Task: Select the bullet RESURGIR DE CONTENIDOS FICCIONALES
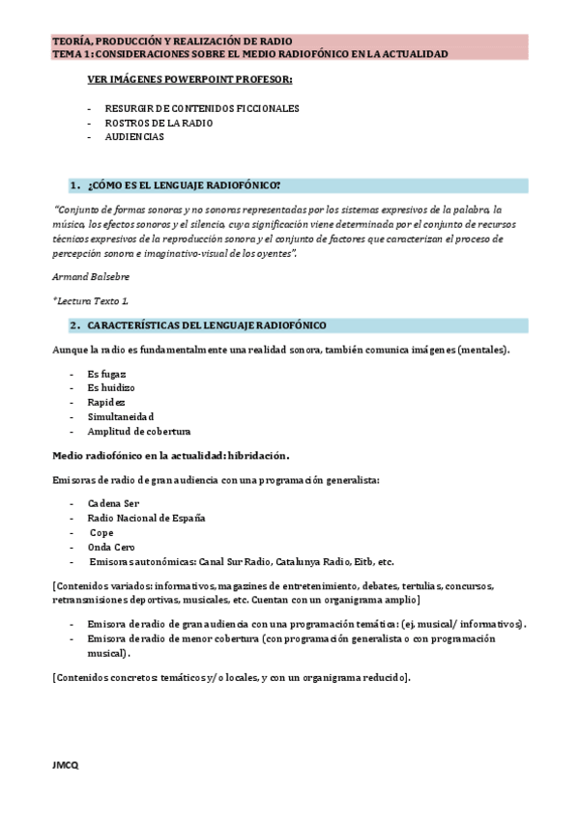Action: (x=201, y=108)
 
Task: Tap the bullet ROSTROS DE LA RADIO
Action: (x=159, y=123)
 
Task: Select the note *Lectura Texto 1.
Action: (x=90, y=301)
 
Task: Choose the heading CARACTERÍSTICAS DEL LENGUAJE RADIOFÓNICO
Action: (x=206, y=325)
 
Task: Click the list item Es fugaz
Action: (x=106, y=373)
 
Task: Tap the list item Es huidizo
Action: (x=110, y=387)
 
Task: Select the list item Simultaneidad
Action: (x=120, y=416)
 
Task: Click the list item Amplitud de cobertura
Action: (x=138, y=431)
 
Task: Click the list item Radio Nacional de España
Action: (x=146, y=519)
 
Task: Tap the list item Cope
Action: (x=101, y=533)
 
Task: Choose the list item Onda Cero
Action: (x=112, y=547)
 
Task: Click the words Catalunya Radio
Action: (x=314, y=561)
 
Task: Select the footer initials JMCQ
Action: (x=65, y=765)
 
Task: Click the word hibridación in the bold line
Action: (x=258, y=455)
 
